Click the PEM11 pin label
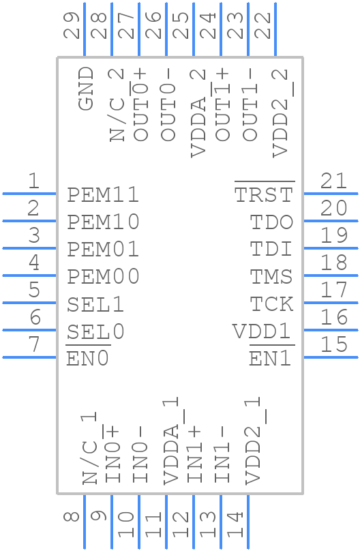[103, 194]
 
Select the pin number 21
[333, 181]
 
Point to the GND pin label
[86, 89]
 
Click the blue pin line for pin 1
[29, 193]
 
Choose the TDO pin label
[271, 222]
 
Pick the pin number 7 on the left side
[33, 344]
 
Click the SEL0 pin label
[95, 331]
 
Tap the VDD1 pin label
[262, 331]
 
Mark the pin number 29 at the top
[72, 25]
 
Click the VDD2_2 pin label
[281, 113]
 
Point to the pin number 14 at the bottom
[235, 524]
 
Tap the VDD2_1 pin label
[253, 441]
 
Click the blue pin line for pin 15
[331, 357]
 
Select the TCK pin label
[271, 304]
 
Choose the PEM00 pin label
[103, 277]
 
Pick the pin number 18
[333, 263]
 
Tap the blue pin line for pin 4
[29, 275]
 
